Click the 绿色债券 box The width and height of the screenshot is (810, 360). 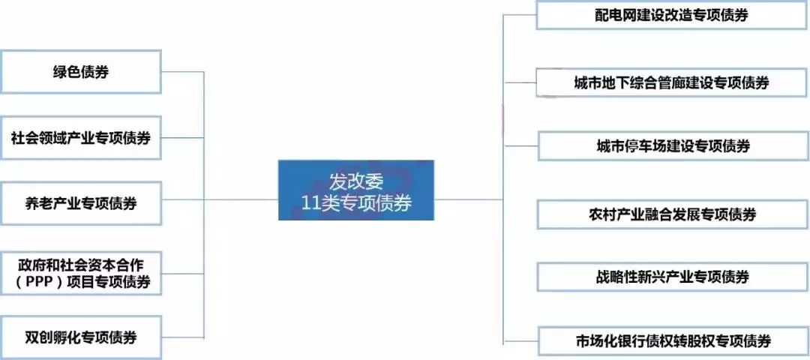[81, 72]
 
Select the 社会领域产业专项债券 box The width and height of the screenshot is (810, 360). [81, 138]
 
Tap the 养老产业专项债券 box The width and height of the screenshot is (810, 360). [81, 203]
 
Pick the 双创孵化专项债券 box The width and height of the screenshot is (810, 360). [81, 338]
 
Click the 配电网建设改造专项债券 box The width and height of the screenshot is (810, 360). [672, 15]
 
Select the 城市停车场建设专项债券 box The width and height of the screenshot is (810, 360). [672, 145]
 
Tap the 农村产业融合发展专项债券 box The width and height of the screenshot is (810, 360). [672, 214]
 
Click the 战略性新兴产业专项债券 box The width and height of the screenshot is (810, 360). [672, 277]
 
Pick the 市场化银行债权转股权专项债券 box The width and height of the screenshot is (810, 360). [672, 341]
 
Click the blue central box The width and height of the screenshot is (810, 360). [356, 190]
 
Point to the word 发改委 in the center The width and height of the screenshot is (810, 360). [357, 180]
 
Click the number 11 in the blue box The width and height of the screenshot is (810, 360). [308, 202]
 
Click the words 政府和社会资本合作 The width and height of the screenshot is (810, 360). [80, 264]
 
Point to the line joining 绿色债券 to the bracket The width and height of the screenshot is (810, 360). [182, 72]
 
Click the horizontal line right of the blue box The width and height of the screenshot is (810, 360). [469, 199]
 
